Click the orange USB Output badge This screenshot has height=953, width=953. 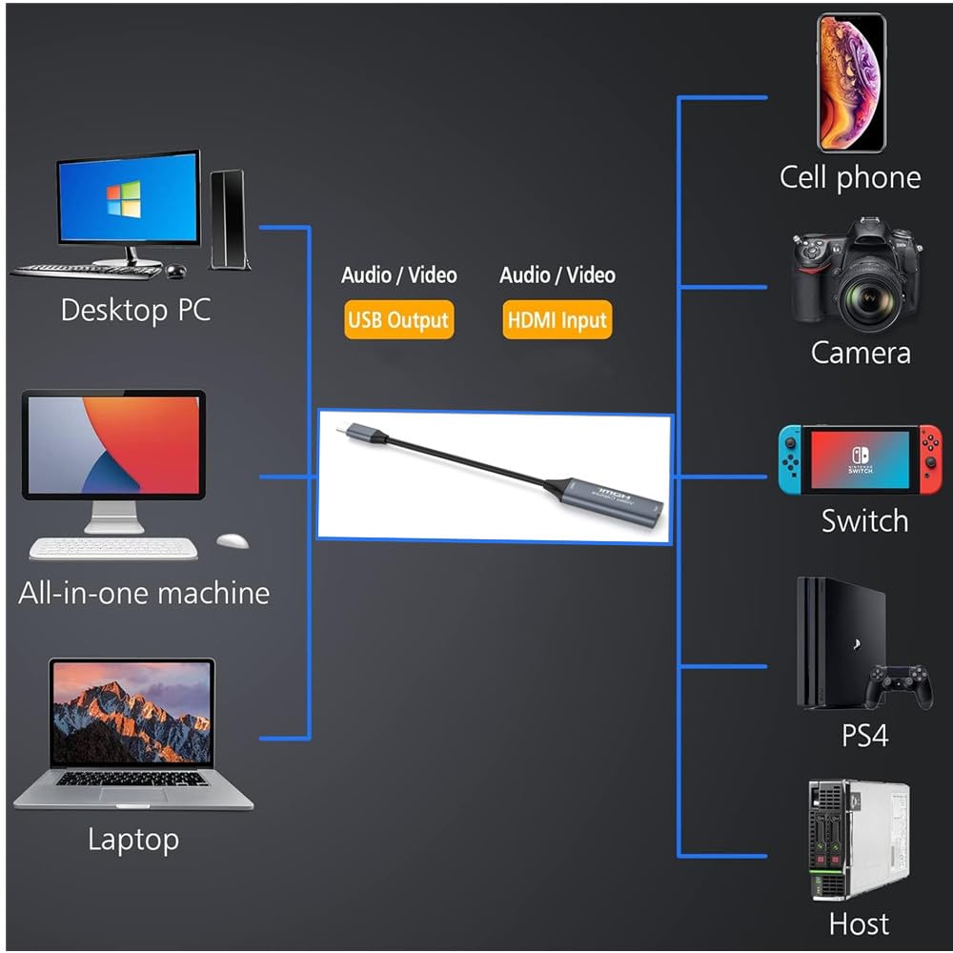pyautogui.click(x=398, y=321)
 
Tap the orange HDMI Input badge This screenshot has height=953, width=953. pyautogui.click(x=557, y=321)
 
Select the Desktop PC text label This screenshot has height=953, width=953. pyautogui.click(x=135, y=310)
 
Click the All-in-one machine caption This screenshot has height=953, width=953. pyautogui.click(x=144, y=593)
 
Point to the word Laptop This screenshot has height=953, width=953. pyautogui.click(x=133, y=840)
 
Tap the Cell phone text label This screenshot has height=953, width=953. pyautogui.click(x=850, y=177)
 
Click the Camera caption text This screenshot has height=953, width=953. pyautogui.click(x=861, y=353)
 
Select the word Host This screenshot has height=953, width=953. pyautogui.click(x=859, y=923)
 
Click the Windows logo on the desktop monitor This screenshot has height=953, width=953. pyautogui.click(x=123, y=201)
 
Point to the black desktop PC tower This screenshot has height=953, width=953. pyautogui.click(x=229, y=220)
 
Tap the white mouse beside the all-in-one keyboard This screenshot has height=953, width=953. pyautogui.click(x=233, y=541)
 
